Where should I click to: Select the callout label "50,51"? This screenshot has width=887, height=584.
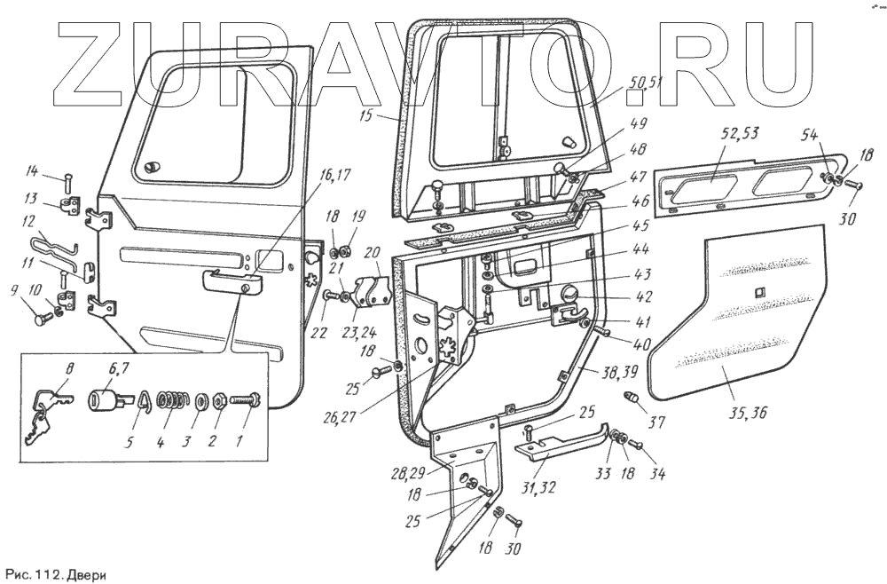(x=645, y=83)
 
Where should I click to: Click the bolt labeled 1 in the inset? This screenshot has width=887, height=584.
(x=245, y=400)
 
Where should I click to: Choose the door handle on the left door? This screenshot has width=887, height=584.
(x=233, y=281)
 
